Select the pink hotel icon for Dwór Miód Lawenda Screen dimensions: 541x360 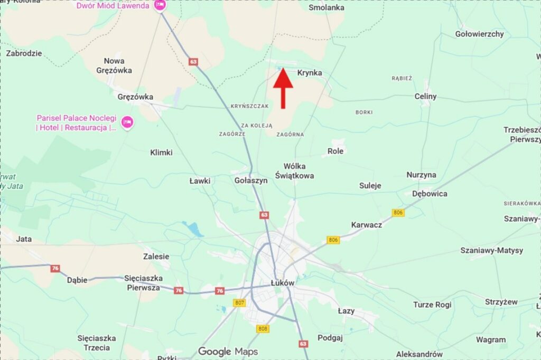tap(160, 6)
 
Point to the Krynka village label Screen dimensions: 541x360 tap(310, 73)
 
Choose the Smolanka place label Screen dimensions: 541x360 tap(327, 7)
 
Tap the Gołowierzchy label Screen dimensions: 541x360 tap(479, 34)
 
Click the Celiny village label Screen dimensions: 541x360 tap(426, 97)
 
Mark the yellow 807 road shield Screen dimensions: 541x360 tap(239, 303)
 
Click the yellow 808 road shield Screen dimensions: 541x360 tap(263, 329)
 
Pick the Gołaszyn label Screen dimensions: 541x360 tap(251, 181)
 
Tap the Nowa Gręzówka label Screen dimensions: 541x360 tap(114, 65)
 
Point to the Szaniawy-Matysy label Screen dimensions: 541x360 tap(491, 251)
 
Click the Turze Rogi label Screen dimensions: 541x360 tap(432, 305)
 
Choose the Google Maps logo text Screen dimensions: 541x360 tap(228, 352)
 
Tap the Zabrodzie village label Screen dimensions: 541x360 tap(24, 53)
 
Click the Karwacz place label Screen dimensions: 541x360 tap(367, 225)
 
